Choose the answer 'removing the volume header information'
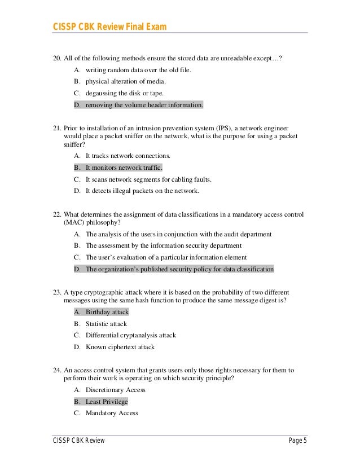pyautogui.click(x=144, y=105)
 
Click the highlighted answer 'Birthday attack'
pyautogui.click(x=107, y=312)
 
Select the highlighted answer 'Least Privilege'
pyautogui.click(x=107, y=402)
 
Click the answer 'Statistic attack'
pyautogui.click(x=106, y=324)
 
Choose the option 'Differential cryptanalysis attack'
pyautogui.click(x=130, y=335)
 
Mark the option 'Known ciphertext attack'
pyautogui.click(x=120, y=347)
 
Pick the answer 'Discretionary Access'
pyautogui.click(x=115, y=390)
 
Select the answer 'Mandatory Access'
pyautogui.click(x=112, y=413)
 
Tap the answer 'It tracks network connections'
pyautogui.click(x=128, y=156)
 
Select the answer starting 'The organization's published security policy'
pyautogui.click(x=179, y=269)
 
